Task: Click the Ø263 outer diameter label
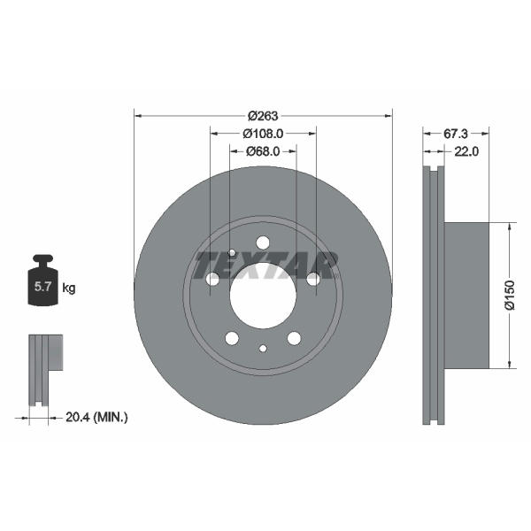click(263, 116)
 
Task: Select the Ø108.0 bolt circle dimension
click(263, 134)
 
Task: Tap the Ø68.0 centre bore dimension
click(263, 151)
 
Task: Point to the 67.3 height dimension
click(456, 134)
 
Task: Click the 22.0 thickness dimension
click(466, 151)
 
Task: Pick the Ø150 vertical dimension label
click(510, 295)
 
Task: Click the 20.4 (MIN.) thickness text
click(96, 417)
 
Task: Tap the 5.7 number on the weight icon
click(42, 287)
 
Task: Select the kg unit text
click(69, 289)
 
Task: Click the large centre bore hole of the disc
click(263, 296)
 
